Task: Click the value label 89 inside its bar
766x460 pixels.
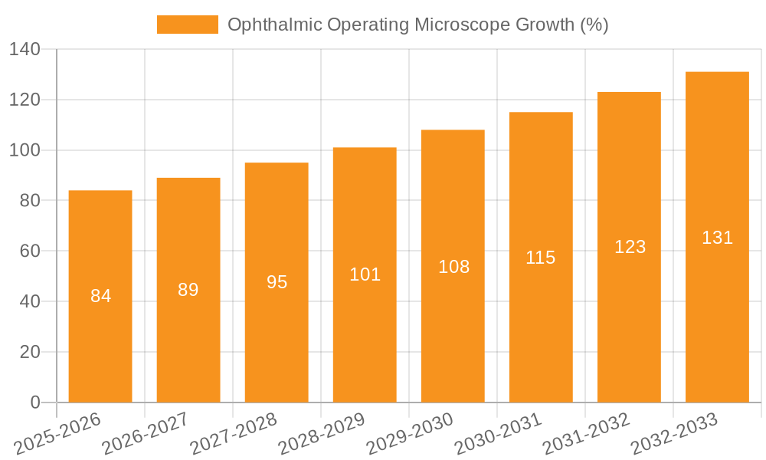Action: click(x=188, y=290)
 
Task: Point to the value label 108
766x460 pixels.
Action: click(x=453, y=267)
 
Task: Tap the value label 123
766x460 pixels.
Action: click(x=630, y=247)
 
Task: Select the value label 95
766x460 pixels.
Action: click(x=277, y=282)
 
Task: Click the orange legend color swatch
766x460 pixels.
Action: click(x=187, y=25)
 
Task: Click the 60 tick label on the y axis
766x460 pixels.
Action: click(x=30, y=251)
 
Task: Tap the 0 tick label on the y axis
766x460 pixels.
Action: click(x=34, y=402)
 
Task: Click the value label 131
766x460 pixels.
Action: click(x=717, y=238)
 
